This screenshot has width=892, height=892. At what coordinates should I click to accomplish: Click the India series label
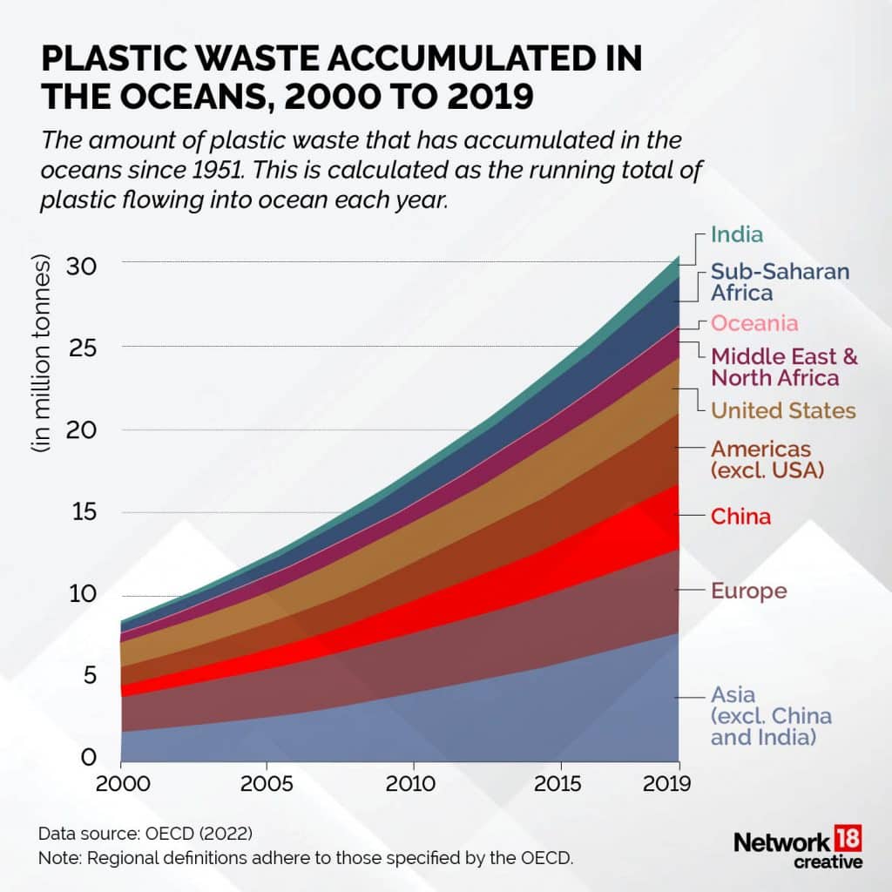(x=737, y=234)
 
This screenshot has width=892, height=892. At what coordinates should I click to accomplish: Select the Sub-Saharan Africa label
(x=780, y=281)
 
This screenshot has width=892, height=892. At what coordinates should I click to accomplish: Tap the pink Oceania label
(x=754, y=324)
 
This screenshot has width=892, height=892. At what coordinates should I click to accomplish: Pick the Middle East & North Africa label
(x=785, y=367)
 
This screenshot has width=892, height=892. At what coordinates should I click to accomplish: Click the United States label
(x=783, y=410)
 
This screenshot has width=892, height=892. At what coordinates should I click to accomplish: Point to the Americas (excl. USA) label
(x=767, y=460)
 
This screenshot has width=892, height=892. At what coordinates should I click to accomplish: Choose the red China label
(x=740, y=517)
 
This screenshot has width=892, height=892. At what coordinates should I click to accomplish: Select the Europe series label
(x=749, y=591)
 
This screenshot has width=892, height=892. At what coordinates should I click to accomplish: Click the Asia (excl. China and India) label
(x=771, y=716)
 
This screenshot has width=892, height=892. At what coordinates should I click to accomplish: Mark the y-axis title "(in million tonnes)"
(x=42, y=355)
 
